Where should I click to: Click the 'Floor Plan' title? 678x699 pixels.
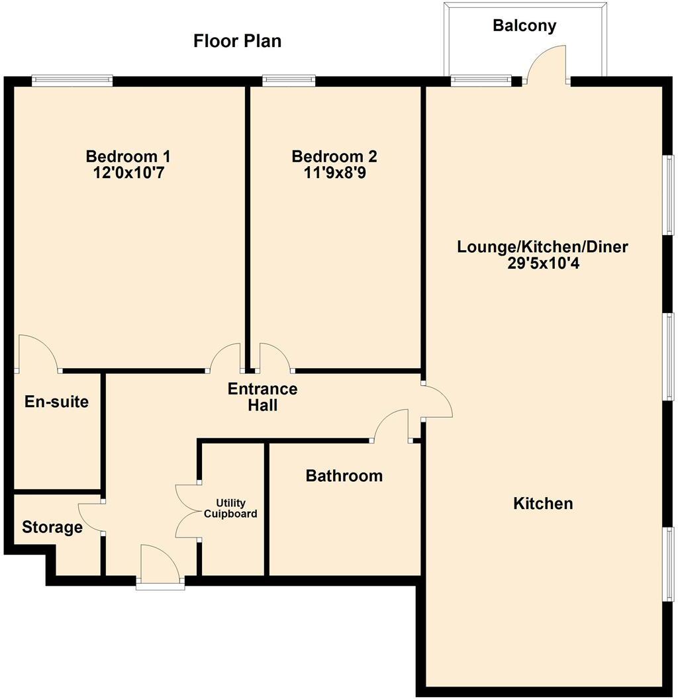[x=237, y=41]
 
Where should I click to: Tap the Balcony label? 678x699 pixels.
[x=524, y=26]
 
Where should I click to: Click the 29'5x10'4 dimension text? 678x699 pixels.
[x=542, y=263]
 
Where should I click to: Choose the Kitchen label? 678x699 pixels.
[x=543, y=504]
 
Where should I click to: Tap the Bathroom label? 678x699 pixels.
[x=344, y=475]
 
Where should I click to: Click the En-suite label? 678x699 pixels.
[x=56, y=401]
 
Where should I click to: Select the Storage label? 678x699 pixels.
[x=52, y=528]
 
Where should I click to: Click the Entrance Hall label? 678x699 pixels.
[x=262, y=397]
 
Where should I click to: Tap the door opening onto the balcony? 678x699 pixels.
[x=547, y=65]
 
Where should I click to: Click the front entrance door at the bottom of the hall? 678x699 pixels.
[x=160, y=567]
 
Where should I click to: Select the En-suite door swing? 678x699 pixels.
[x=38, y=353]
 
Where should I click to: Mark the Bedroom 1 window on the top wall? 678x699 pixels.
[x=72, y=81]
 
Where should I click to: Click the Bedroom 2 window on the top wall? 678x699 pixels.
[x=289, y=81]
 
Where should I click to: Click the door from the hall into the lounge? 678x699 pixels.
[x=437, y=400]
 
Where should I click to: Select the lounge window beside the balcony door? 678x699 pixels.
[x=481, y=81]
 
